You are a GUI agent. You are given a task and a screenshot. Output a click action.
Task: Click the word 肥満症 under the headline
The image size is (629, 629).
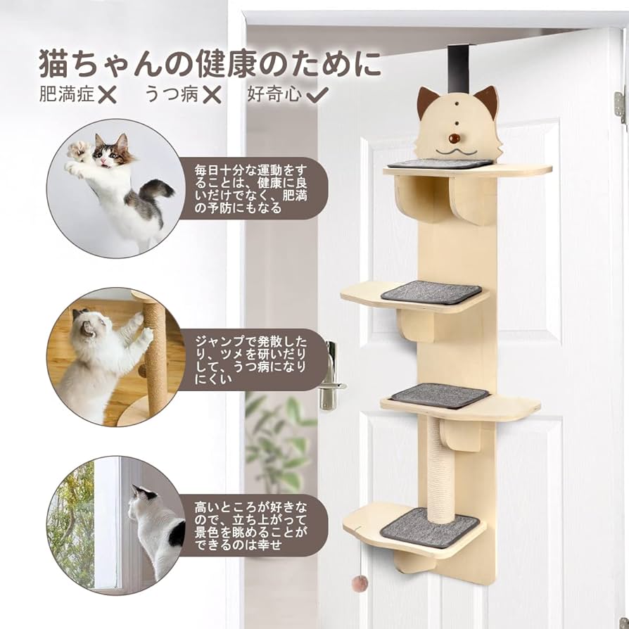(x=67, y=95)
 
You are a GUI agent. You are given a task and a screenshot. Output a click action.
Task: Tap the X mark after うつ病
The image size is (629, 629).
(x=211, y=95)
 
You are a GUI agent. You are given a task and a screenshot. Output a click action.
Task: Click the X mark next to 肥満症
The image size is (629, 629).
(x=107, y=95)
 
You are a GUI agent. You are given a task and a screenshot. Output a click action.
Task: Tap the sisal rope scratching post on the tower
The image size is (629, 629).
(x=441, y=468)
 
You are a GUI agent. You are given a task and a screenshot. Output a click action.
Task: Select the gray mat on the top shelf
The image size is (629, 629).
(x=440, y=164)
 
